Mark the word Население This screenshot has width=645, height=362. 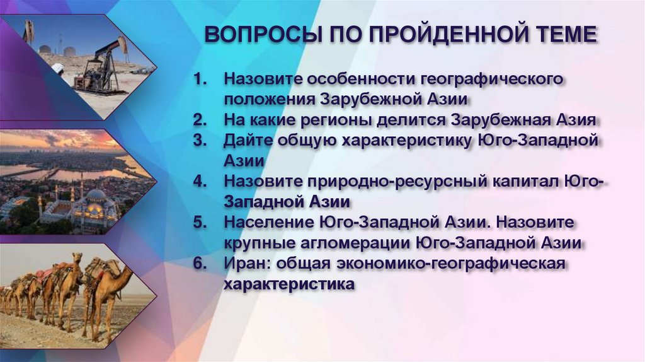coord(265,223)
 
